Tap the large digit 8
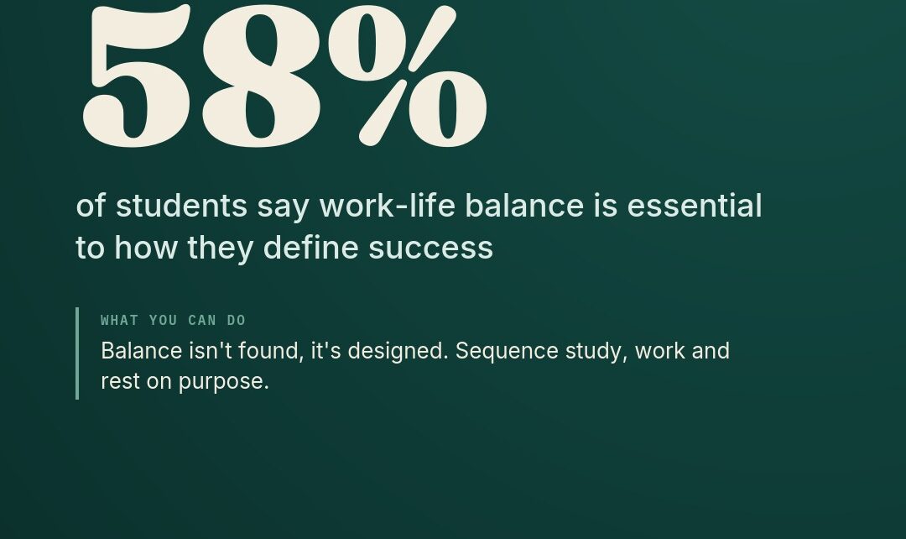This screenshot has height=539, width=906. (261, 76)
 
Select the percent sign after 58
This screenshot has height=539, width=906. (408, 76)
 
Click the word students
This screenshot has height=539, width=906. (181, 206)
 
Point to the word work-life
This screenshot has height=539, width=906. (387, 206)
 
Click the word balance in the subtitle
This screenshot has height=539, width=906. (524, 206)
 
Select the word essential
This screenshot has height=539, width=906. (695, 206)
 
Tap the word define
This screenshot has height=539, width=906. (311, 247)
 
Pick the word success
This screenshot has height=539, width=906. (431, 249)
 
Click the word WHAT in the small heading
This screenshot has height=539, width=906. (120, 321)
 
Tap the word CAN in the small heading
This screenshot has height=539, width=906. (202, 321)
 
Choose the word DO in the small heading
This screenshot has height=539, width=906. (237, 321)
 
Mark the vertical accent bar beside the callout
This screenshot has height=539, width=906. (77, 353)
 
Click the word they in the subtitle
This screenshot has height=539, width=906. (220, 249)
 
